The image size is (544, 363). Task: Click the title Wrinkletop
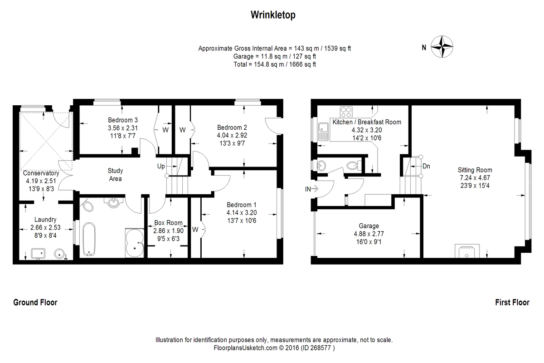[x=273, y=15]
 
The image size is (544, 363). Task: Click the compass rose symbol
[x=442, y=47]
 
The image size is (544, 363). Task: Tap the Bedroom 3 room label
[x=120, y=120]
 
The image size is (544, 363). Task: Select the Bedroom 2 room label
[x=232, y=127]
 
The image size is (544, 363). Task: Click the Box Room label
[x=168, y=223]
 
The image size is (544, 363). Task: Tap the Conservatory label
[x=41, y=173]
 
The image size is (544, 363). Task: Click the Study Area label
[x=115, y=175]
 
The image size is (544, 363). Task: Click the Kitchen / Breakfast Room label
[x=367, y=122]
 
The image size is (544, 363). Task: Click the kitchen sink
[x=323, y=131]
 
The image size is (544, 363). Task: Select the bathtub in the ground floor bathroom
[x=88, y=239]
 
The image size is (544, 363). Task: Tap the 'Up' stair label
[x=161, y=167]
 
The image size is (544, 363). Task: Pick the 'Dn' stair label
[x=426, y=166]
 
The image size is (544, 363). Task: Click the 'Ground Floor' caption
[x=35, y=303]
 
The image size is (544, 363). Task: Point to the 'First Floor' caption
[x=512, y=303]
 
